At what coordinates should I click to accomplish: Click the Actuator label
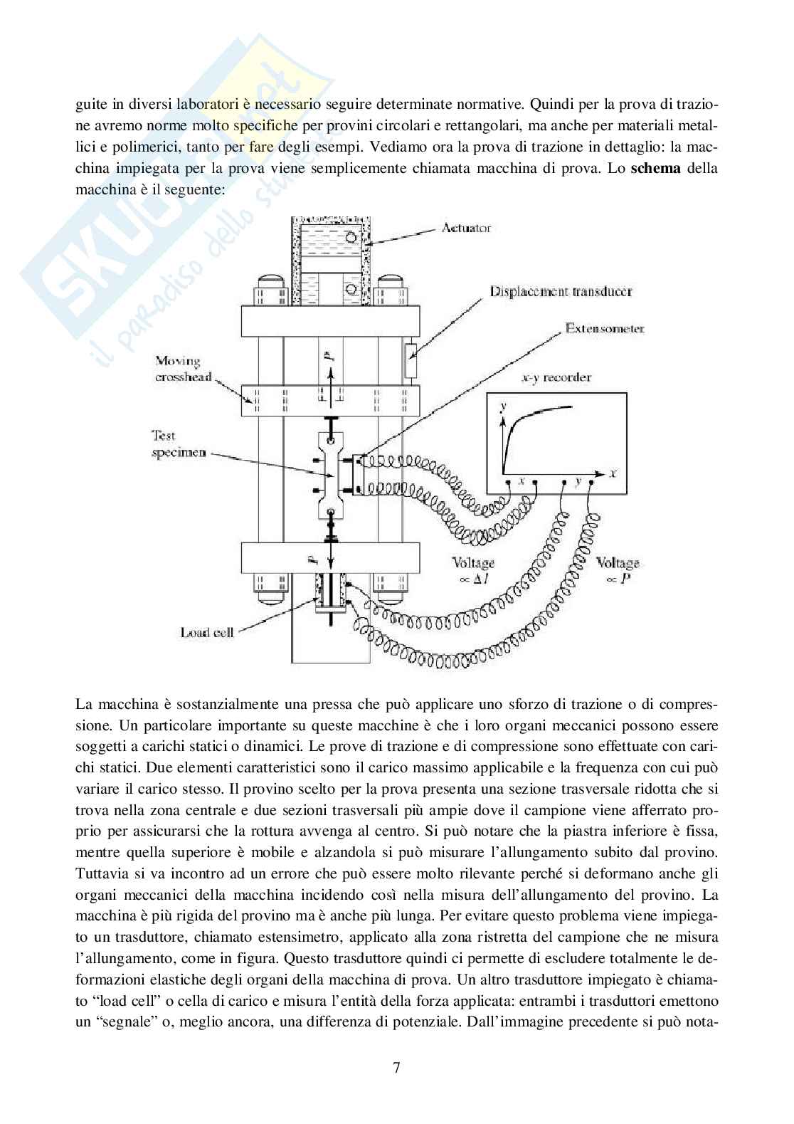coord(465,229)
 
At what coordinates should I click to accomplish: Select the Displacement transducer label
coord(561,291)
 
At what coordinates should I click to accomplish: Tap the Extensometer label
coord(604,328)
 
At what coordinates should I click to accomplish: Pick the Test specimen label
coord(178,443)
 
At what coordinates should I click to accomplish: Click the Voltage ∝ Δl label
coord(473,569)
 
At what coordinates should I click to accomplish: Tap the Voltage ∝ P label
coord(618,569)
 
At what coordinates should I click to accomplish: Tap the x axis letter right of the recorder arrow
coord(613,472)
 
